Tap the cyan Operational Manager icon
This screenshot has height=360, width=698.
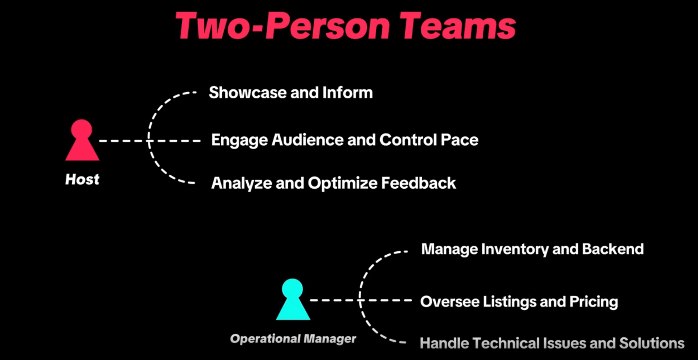(293, 299)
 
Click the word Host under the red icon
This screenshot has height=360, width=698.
(82, 179)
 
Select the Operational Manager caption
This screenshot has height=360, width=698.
(293, 339)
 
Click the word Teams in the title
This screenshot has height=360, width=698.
(458, 26)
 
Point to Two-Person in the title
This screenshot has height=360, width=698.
(283, 26)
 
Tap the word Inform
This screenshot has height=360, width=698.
(348, 92)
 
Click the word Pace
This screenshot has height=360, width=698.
(460, 140)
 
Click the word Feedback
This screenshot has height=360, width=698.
(419, 183)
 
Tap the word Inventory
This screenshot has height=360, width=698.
(515, 249)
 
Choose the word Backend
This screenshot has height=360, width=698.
(613, 249)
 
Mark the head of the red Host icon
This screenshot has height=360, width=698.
(81, 129)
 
